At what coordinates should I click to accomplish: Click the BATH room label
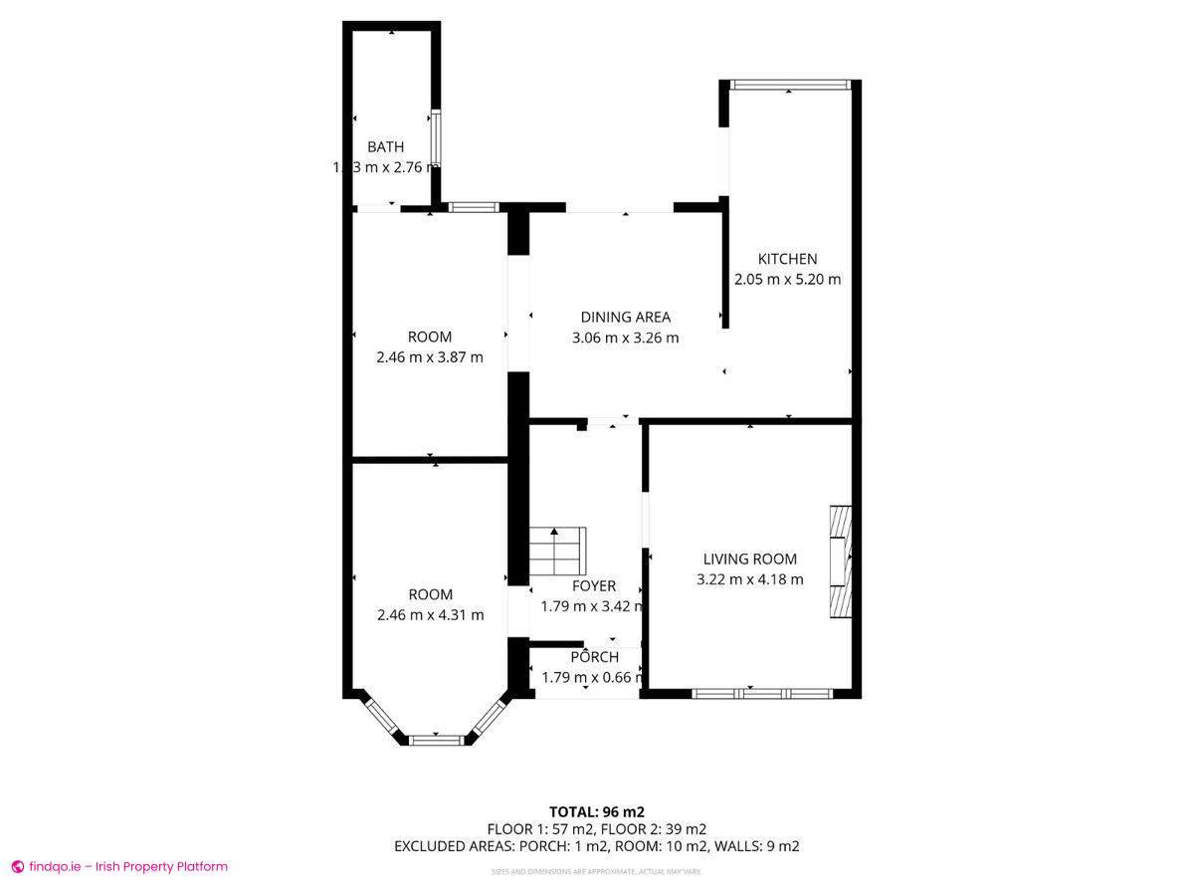coord(385,147)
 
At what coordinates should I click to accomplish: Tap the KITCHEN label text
coord(787,259)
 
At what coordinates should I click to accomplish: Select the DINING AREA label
coord(626,317)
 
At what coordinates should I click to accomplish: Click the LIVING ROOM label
coord(750,560)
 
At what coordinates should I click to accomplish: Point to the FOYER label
coord(593,585)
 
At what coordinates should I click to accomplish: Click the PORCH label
coord(594,657)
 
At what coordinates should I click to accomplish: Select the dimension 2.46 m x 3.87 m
coord(430,357)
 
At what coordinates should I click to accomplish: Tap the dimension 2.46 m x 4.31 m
coord(430,615)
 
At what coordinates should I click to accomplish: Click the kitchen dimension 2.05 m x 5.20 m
coord(787,280)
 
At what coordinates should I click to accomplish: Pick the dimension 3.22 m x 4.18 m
coord(750,579)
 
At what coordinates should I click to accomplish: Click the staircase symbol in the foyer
coord(557,552)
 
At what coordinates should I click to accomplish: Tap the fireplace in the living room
coord(841,562)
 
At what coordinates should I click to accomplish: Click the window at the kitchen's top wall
coord(789,85)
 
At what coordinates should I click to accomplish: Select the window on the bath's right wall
coord(435,138)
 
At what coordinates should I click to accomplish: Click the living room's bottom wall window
coord(760,693)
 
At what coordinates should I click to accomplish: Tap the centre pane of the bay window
coord(437,740)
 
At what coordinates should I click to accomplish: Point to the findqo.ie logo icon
coord(17,867)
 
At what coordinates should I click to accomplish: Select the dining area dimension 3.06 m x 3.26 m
coord(626,337)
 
